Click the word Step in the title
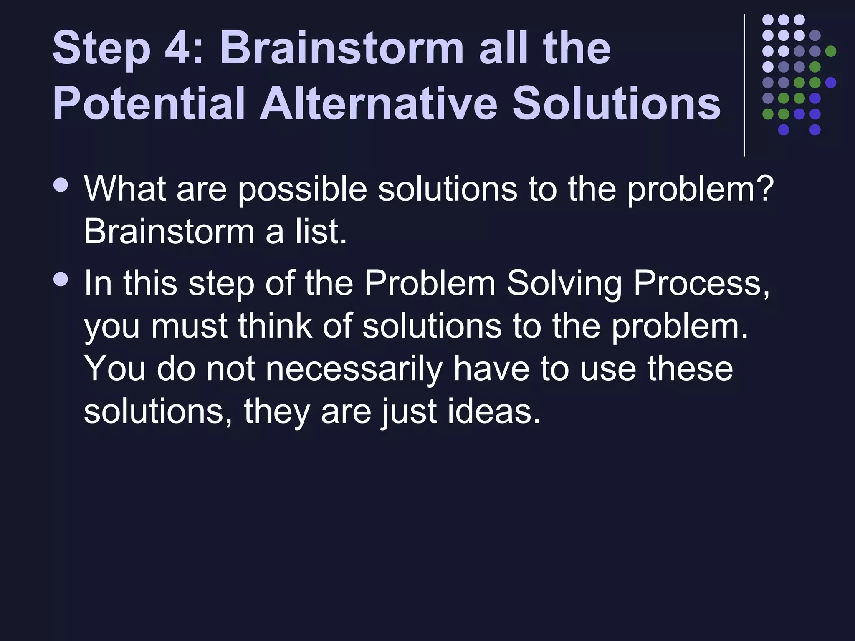[x=101, y=49]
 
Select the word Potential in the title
[x=148, y=103]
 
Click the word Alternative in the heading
[x=378, y=103]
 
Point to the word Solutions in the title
[x=616, y=103]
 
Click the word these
[x=690, y=369]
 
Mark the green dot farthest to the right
[x=831, y=51]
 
